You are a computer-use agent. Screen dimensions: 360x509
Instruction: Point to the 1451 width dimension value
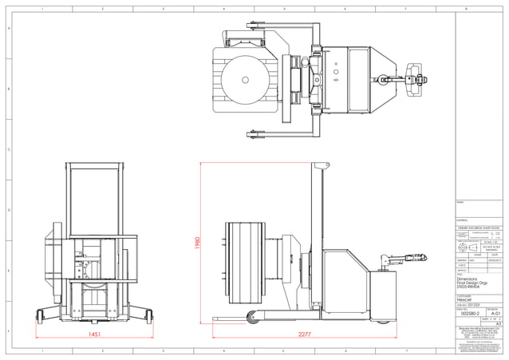pyautogui.click(x=93, y=334)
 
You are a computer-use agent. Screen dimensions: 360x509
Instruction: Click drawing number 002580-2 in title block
pyautogui.click(x=467, y=314)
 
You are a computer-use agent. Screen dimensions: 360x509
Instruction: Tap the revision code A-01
pyautogui.click(x=494, y=314)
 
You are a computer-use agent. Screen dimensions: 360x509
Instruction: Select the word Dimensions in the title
pyautogui.click(x=466, y=279)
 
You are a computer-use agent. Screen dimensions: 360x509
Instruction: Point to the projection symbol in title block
pyautogui.click(x=466, y=248)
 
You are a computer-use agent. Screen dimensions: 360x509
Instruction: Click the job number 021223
pyautogui.click(x=473, y=304)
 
